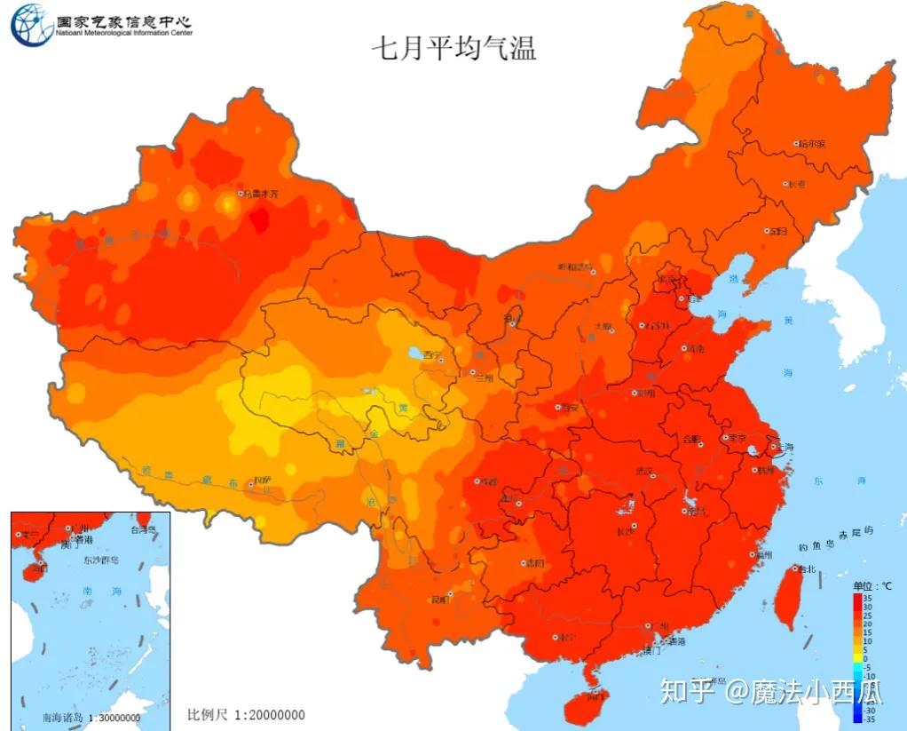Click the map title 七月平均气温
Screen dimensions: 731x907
(x=453, y=47)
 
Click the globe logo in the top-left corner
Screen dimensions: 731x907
(x=31, y=25)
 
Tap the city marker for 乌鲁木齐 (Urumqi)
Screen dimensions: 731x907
(x=240, y=193)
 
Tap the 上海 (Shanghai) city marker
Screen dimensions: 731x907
(x=774, y=446)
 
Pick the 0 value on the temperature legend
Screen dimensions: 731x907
(x=866, y=658)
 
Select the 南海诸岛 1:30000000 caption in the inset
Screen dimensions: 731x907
(x=91, y=717)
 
